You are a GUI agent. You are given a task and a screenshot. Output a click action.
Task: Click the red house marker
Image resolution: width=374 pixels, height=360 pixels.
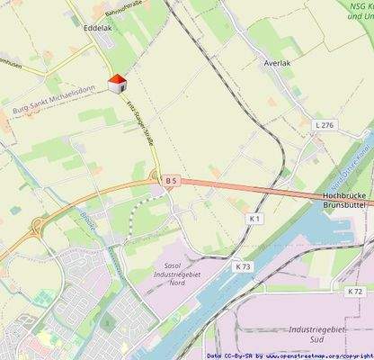pos(115,84)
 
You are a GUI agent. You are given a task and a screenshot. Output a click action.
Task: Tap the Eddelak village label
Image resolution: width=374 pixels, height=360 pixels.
pos(97,29)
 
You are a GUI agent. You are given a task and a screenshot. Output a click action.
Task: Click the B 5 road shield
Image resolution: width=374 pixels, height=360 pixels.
pos(172,181)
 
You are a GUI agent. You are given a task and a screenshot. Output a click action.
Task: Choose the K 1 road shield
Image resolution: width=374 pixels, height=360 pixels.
pos(254,219)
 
